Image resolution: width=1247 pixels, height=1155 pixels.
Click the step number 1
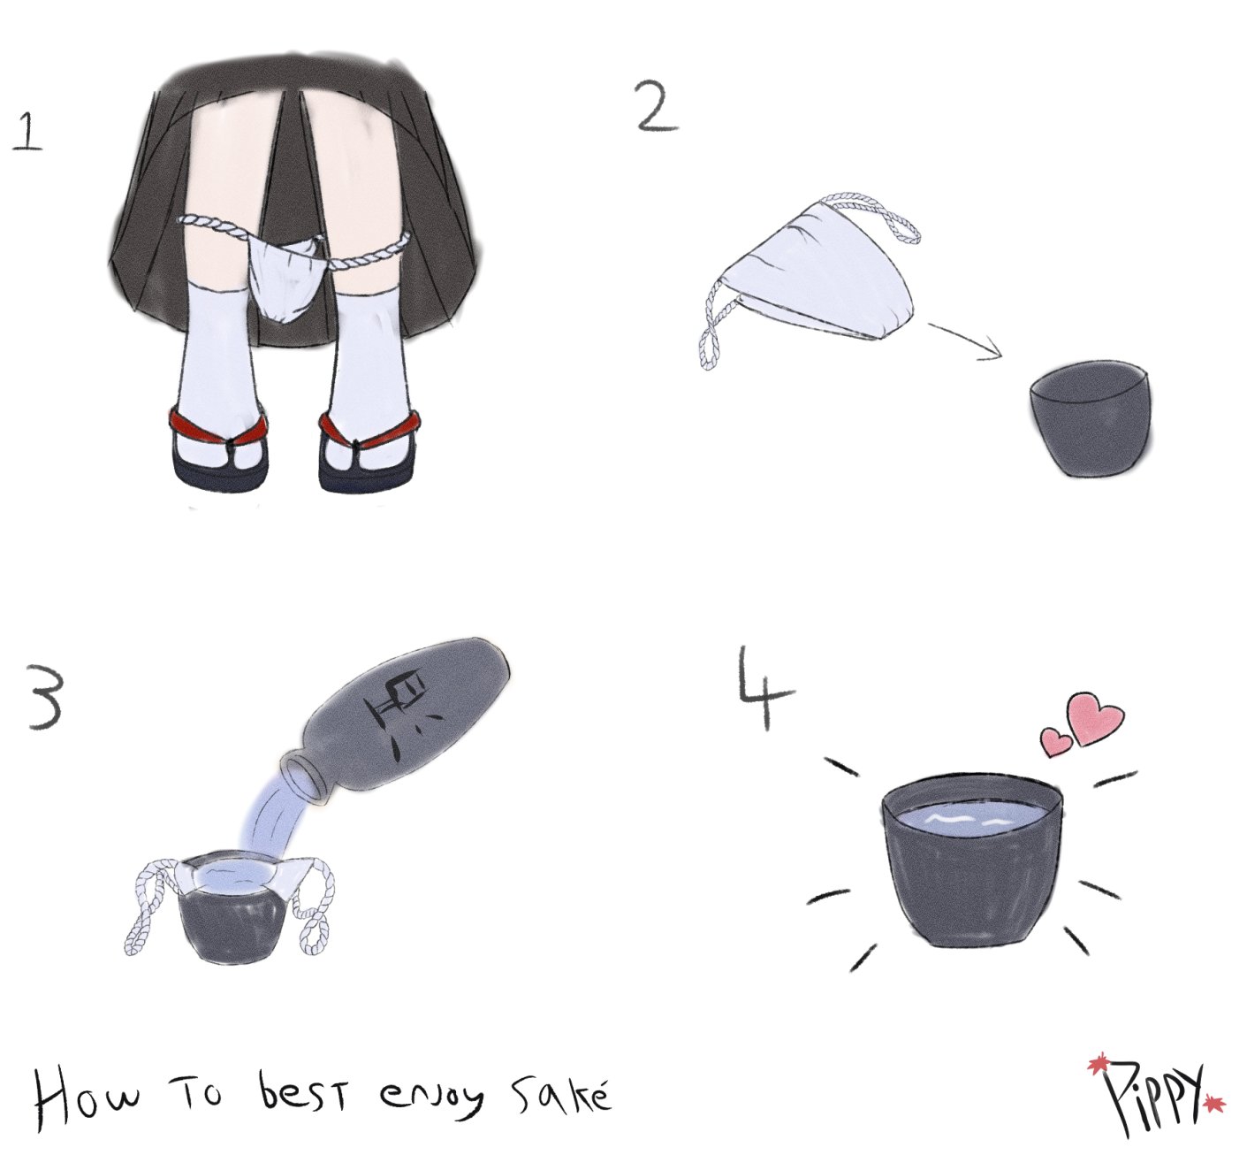(x=27, y=132)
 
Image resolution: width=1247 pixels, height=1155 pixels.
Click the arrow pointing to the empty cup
(x=966, y=340)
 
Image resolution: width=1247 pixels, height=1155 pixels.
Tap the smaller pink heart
(x=1057, y=741)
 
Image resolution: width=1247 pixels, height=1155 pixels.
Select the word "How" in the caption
(x=87, y=1104)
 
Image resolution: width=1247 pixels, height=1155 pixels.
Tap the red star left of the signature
(x=1096, y=1063)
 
